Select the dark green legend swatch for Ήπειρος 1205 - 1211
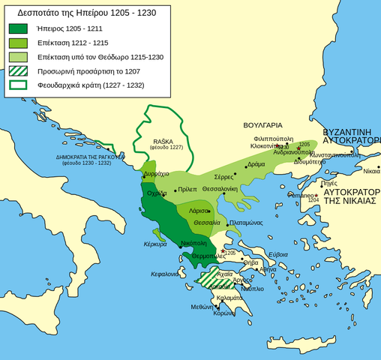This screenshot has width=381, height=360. (22, 29)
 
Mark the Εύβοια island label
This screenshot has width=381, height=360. (278, 254)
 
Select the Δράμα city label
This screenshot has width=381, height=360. (256, 163)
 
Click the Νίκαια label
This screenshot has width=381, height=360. (371, 171)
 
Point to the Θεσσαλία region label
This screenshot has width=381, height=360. (206, 223)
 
